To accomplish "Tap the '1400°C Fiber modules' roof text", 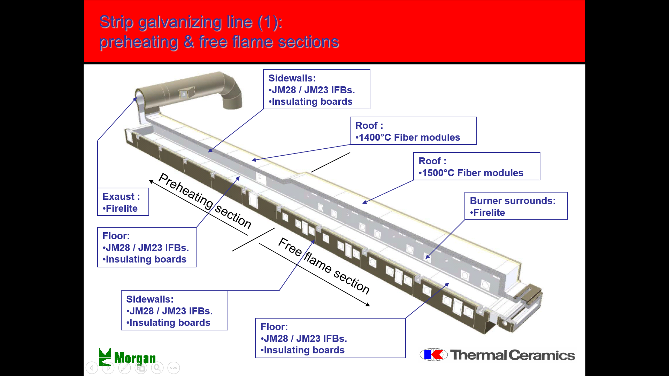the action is [409, 138].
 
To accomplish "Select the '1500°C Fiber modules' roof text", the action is [473, 173].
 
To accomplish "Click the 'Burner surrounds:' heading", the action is [513, 201].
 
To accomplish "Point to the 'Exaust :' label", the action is [121, 197].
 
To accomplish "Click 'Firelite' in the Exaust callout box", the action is [122, 209].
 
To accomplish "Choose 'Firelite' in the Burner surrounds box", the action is [489, 213].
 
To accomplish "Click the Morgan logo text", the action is [135, 358].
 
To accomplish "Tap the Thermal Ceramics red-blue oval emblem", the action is [433, 355].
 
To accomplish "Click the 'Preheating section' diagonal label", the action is [205, 201].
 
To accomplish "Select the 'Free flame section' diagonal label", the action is [324, 266].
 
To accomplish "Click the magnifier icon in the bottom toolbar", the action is [157, 368].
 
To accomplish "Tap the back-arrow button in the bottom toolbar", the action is [92, 368].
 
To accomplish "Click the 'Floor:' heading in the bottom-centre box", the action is [274, 327].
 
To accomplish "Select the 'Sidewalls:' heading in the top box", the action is [292, 78].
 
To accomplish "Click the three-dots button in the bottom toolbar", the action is [174, 368].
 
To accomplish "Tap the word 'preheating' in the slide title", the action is [139, 42].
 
